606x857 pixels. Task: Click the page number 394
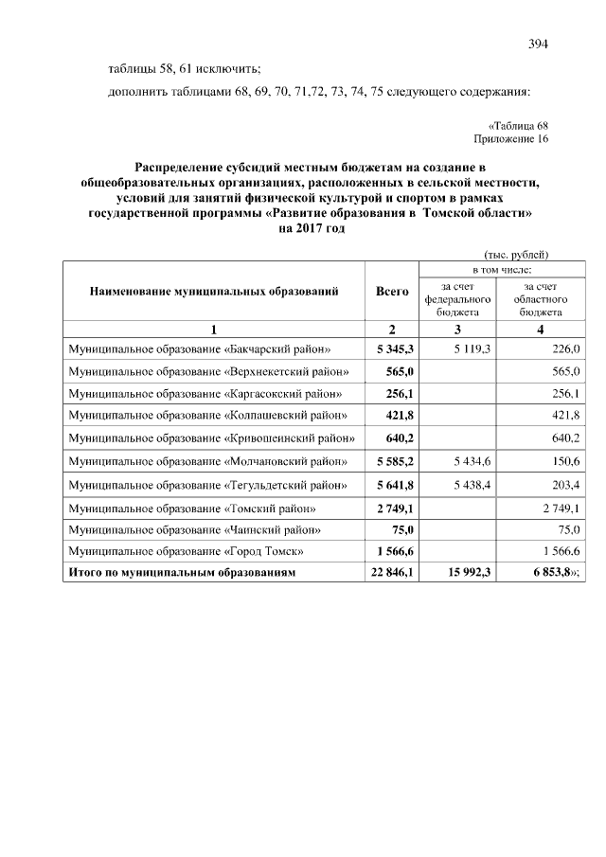(x=538, y=45)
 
